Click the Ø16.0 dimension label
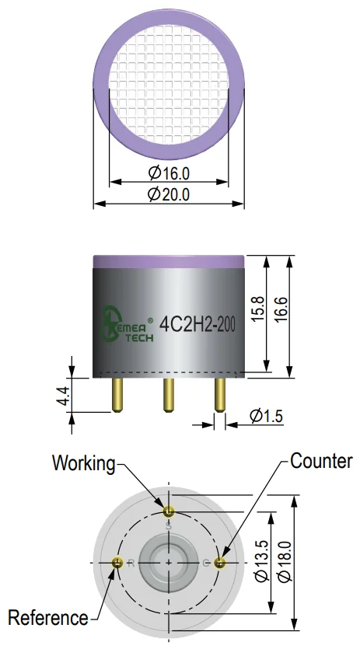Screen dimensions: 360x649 (169, 173)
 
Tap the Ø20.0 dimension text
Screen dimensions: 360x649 (169, 194)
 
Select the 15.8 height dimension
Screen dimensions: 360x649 (257, 308)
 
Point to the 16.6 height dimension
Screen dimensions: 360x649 (281, 308)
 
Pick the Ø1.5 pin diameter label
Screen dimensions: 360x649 (267, 416)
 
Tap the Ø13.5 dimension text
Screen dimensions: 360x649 (262, 561)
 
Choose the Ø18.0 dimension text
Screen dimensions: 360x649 (285, 561)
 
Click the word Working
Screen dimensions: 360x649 (84, 463)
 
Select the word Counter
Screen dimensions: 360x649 (321, 461)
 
